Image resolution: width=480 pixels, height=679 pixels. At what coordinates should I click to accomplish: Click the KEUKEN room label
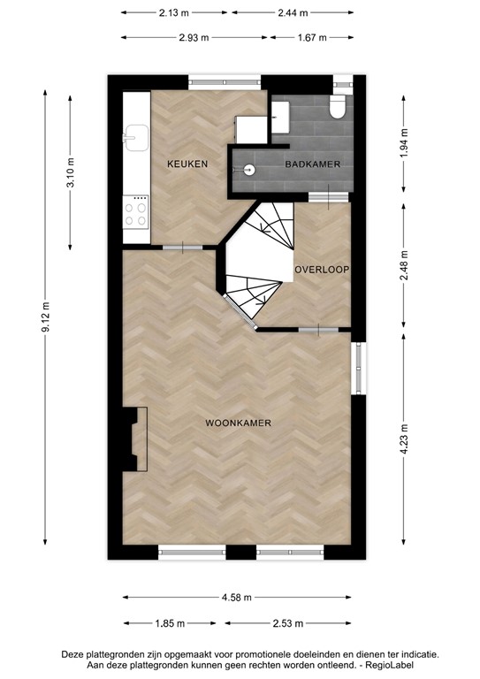click(x=187, y=164)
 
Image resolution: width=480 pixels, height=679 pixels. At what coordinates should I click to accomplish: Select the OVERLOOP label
click(x=323, y=269)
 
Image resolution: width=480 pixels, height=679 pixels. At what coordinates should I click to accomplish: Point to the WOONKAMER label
click(x=238, y=423)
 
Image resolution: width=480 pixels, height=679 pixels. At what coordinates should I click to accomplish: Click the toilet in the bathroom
click(x=336, y=107)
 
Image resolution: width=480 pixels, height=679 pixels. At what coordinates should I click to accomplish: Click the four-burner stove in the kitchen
click(x=135, y=213)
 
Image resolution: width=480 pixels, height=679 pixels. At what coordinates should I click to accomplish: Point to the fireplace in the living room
click(x=135, y=439)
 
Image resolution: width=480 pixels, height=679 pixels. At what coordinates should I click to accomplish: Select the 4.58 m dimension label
click(x=237, y=599)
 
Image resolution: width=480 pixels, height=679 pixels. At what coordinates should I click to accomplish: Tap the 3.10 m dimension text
click(x=72, y=171)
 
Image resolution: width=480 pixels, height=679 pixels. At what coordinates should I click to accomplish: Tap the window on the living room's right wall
click(x=357, y=367)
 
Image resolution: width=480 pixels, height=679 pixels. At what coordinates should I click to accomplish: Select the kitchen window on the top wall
click(x=225, y=82)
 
